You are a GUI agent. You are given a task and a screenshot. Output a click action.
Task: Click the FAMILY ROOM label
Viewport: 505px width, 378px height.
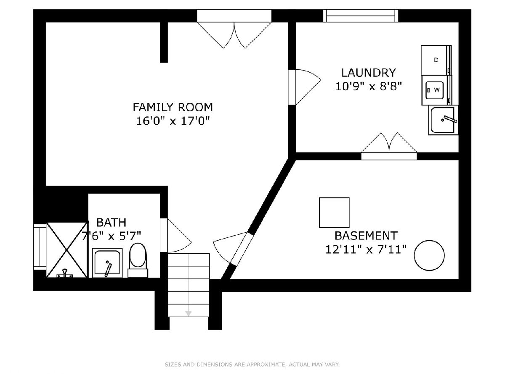point(173,107)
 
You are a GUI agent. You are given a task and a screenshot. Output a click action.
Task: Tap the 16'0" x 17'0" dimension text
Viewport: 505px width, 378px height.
point(173,121)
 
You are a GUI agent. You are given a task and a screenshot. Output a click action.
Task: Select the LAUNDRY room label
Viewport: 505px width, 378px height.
point(368,73)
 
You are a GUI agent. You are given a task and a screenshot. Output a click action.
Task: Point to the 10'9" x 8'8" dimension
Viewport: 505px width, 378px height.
point(369,87)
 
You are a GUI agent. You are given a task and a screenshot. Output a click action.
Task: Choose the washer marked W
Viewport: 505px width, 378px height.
point(437,90)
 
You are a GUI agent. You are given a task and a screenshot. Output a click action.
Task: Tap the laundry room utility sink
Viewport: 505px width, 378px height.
point(443,120)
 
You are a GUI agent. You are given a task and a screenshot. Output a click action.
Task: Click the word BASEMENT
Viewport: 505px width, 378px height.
point(366,236)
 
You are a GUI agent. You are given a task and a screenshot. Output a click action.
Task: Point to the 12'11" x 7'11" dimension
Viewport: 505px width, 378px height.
point(366,249)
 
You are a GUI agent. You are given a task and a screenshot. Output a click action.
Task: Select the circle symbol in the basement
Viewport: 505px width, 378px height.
point(429,255)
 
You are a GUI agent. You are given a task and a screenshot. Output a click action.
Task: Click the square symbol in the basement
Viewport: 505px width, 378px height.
point(334,213)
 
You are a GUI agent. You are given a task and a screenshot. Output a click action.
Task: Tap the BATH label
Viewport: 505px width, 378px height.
point(112,223)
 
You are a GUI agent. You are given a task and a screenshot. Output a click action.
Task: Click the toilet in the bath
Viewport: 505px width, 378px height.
point(138,260)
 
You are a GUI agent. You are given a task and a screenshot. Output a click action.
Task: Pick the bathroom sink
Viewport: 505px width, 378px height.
point(107,263)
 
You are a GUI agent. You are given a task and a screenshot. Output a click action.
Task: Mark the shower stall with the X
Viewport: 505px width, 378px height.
point(67,250)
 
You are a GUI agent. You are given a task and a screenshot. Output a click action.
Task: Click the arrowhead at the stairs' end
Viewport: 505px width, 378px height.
point(189,313)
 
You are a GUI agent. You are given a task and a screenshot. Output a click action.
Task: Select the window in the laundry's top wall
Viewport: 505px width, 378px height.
point(361,16)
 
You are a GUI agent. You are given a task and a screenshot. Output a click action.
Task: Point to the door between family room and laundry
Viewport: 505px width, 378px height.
point(305,87)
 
